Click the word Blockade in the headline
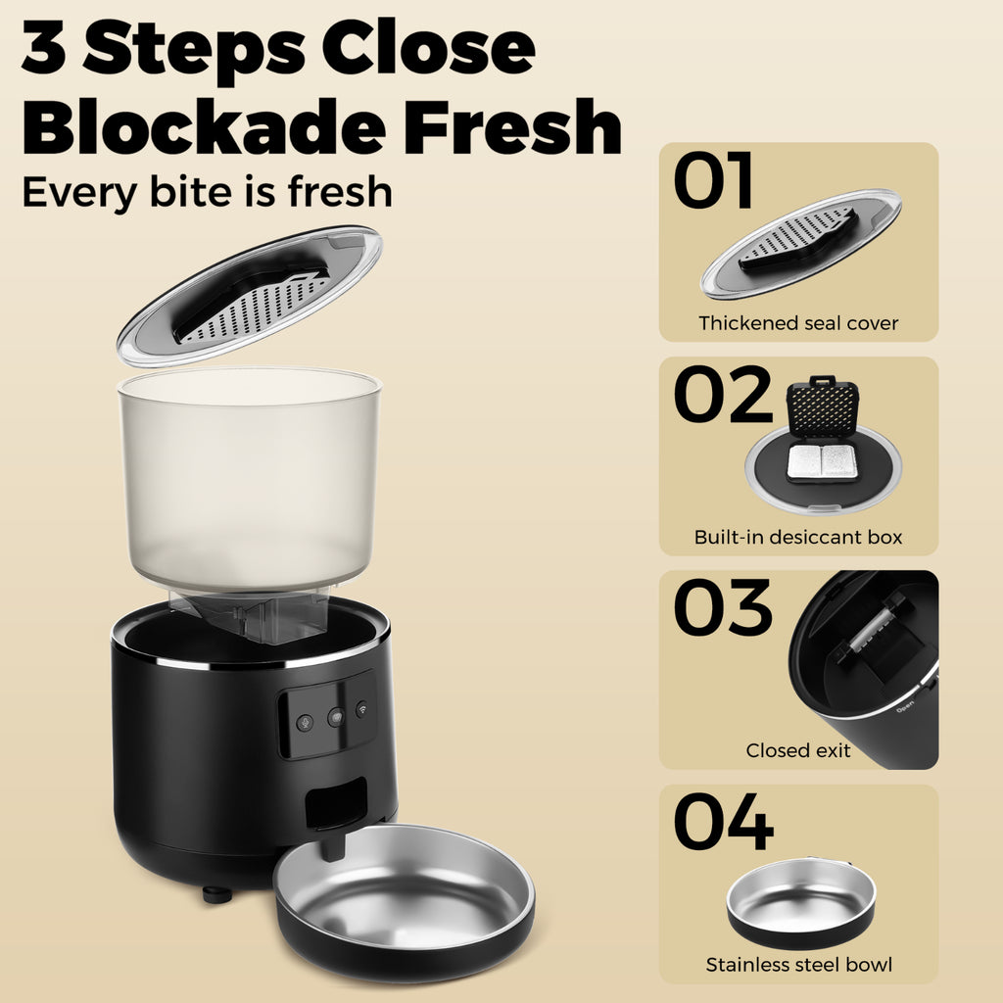[204, 126]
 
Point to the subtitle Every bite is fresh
[208, 193]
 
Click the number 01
[712, 180]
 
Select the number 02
[723, 394]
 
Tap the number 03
[723, 607]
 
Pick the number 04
[724, 822]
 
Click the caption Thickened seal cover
[798, 323]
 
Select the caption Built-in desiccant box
[798, 537]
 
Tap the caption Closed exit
[798, 750]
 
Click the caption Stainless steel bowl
[799, 964]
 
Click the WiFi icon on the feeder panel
[362, 708]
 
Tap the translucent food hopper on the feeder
[250, 486]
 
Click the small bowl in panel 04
[801, 903]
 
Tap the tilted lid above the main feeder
[250, 296]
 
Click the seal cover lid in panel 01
[801, 244]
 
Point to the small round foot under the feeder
[217, 893]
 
